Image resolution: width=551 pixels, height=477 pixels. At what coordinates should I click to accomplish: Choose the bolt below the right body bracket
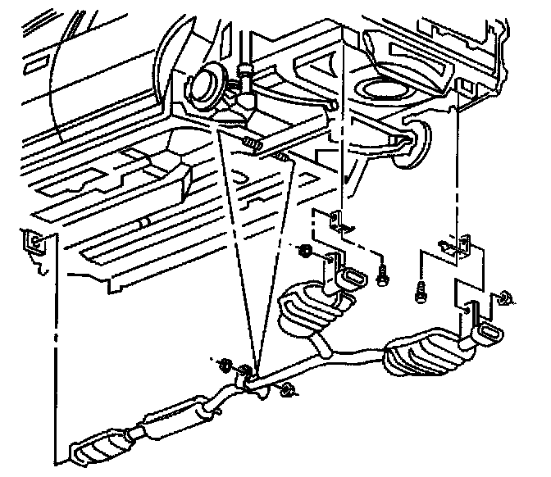(x=421, y=289)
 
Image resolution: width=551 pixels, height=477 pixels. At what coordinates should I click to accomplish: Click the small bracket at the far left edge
(x=34, y=241)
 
